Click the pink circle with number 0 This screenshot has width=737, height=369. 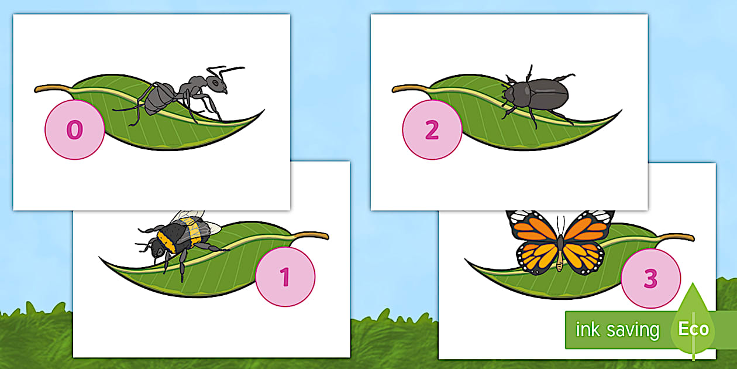coord(74,130)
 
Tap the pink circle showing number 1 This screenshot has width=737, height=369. coord(285,276)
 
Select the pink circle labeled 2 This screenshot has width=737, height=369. coord(432,130)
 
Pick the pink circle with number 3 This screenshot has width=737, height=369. coord(650,278)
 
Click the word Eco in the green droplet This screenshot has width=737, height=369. coord(693,329)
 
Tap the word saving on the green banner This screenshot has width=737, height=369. coord(633,330)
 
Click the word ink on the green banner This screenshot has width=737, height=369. coord(588,330)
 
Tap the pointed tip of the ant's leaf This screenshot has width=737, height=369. coord(261,111)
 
